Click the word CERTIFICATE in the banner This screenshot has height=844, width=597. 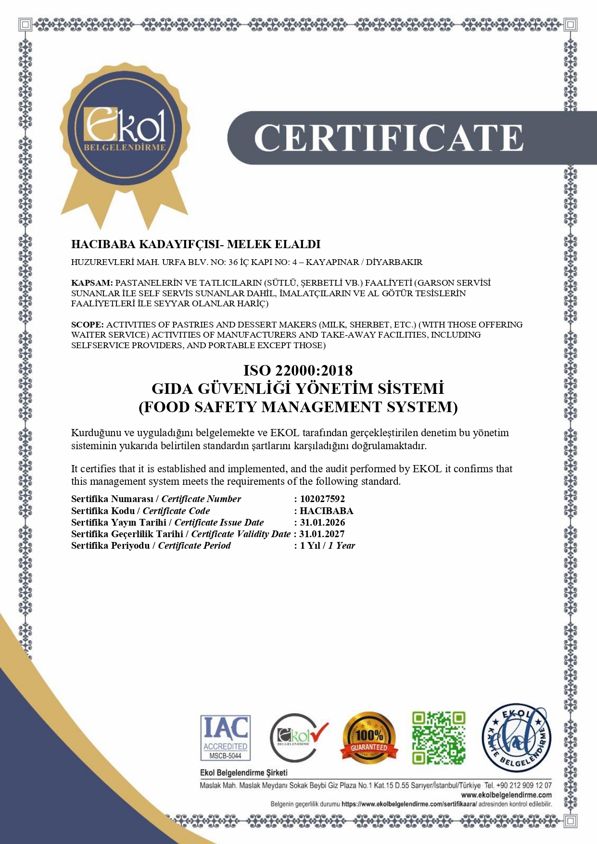(388, 138)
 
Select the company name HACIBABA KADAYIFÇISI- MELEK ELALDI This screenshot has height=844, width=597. (195, 244)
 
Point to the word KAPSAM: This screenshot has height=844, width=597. (92, 283)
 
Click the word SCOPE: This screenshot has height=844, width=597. (87, 325)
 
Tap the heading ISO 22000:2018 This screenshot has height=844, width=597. (298, 370)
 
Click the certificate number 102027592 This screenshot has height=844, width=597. (322, 499)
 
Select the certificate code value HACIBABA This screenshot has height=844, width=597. (326, 511)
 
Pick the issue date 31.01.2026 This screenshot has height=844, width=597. (322, 522)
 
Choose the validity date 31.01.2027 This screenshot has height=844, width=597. (322, 534)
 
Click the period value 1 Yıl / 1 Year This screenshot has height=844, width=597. (328, 545)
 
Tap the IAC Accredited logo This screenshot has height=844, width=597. (225, 737)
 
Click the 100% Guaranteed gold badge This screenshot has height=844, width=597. (369, 737)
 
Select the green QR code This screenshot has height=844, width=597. (439, 738)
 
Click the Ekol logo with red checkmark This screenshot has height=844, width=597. (298, 737)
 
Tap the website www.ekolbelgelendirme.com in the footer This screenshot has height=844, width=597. (506, 795)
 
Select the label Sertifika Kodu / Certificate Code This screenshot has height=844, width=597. (140, 511)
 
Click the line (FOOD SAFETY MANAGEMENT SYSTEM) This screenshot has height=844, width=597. (298, 407)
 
